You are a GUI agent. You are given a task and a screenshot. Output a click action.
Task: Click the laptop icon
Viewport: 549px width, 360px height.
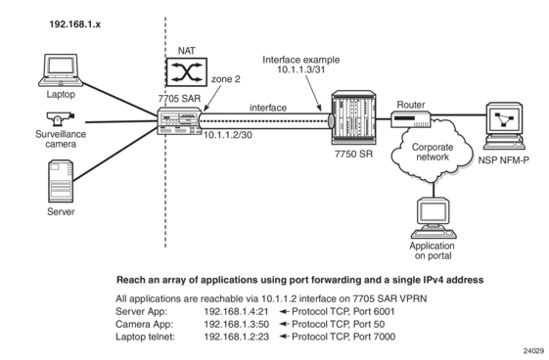61,70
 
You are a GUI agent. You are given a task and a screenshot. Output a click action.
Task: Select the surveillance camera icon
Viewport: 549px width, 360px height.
60,118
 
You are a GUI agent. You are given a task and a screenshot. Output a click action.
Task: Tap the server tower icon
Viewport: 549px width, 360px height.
61,181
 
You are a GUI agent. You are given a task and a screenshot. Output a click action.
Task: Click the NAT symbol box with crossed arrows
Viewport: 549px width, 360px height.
187,72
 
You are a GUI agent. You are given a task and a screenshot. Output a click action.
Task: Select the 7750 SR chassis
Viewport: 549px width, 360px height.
353,117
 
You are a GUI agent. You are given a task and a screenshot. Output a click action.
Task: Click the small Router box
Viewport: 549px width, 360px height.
411,119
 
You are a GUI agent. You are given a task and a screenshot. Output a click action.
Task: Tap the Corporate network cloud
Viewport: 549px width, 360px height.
433,151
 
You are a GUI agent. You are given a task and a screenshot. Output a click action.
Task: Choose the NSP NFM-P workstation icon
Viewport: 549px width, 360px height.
504,126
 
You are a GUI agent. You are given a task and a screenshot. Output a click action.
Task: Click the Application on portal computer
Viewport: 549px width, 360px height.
434,218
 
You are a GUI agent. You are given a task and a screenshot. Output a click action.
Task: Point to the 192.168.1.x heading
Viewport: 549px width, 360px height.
75,24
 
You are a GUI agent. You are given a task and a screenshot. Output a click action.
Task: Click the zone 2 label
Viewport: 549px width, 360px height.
226,79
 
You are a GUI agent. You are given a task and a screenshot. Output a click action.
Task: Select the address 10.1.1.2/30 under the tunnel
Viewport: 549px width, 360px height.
228,135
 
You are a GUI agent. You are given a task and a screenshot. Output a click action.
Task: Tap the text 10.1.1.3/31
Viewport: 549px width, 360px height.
301,69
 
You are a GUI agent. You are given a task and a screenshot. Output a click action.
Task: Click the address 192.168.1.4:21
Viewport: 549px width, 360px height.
237,311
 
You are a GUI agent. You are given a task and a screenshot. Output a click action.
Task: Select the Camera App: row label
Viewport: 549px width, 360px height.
144,324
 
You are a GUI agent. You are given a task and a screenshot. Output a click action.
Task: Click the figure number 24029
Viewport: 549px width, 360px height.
533,351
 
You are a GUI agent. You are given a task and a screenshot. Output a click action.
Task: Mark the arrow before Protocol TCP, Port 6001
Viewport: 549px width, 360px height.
284,311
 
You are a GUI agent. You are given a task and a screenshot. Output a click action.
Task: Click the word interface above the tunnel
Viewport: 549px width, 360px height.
268,108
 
